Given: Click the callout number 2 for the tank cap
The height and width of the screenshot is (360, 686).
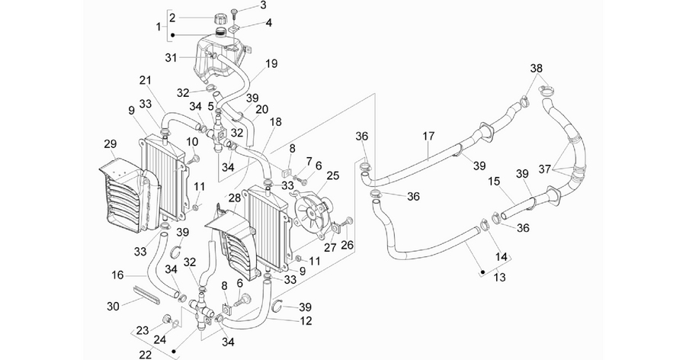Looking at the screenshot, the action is [x=172, y=18].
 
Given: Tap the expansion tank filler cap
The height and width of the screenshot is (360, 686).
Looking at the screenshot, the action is [x=220, y=20].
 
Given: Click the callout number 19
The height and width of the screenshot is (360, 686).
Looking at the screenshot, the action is [x=271, y=63].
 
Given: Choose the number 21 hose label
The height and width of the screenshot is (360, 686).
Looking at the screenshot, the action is [x=146, y=81].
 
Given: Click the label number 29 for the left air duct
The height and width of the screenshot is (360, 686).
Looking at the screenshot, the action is [x=111, y=143].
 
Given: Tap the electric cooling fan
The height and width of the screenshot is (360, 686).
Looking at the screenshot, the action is [x=313, y=212].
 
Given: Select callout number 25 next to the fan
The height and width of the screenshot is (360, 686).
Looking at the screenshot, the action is [x=333, y=176].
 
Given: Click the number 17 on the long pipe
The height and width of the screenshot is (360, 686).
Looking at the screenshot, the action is [x=428, y=137].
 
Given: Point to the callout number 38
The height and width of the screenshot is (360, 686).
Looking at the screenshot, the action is [x=537, y=69].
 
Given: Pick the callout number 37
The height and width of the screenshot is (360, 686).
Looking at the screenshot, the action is [x=544, y=169].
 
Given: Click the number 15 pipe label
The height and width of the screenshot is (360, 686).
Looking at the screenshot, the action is [x=494, y=181].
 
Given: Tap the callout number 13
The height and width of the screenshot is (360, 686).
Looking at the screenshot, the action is [x=499, y=277].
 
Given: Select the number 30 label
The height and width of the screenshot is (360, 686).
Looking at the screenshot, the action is [x=113, y=306].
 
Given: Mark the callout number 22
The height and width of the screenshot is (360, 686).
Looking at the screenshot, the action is [x=146, y=354].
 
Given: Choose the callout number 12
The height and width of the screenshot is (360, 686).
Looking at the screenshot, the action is [x=306, y=321].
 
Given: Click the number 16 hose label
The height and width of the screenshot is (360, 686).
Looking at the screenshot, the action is [x=117, y=275].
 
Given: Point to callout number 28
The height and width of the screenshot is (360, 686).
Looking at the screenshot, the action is [x=235, y=198].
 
